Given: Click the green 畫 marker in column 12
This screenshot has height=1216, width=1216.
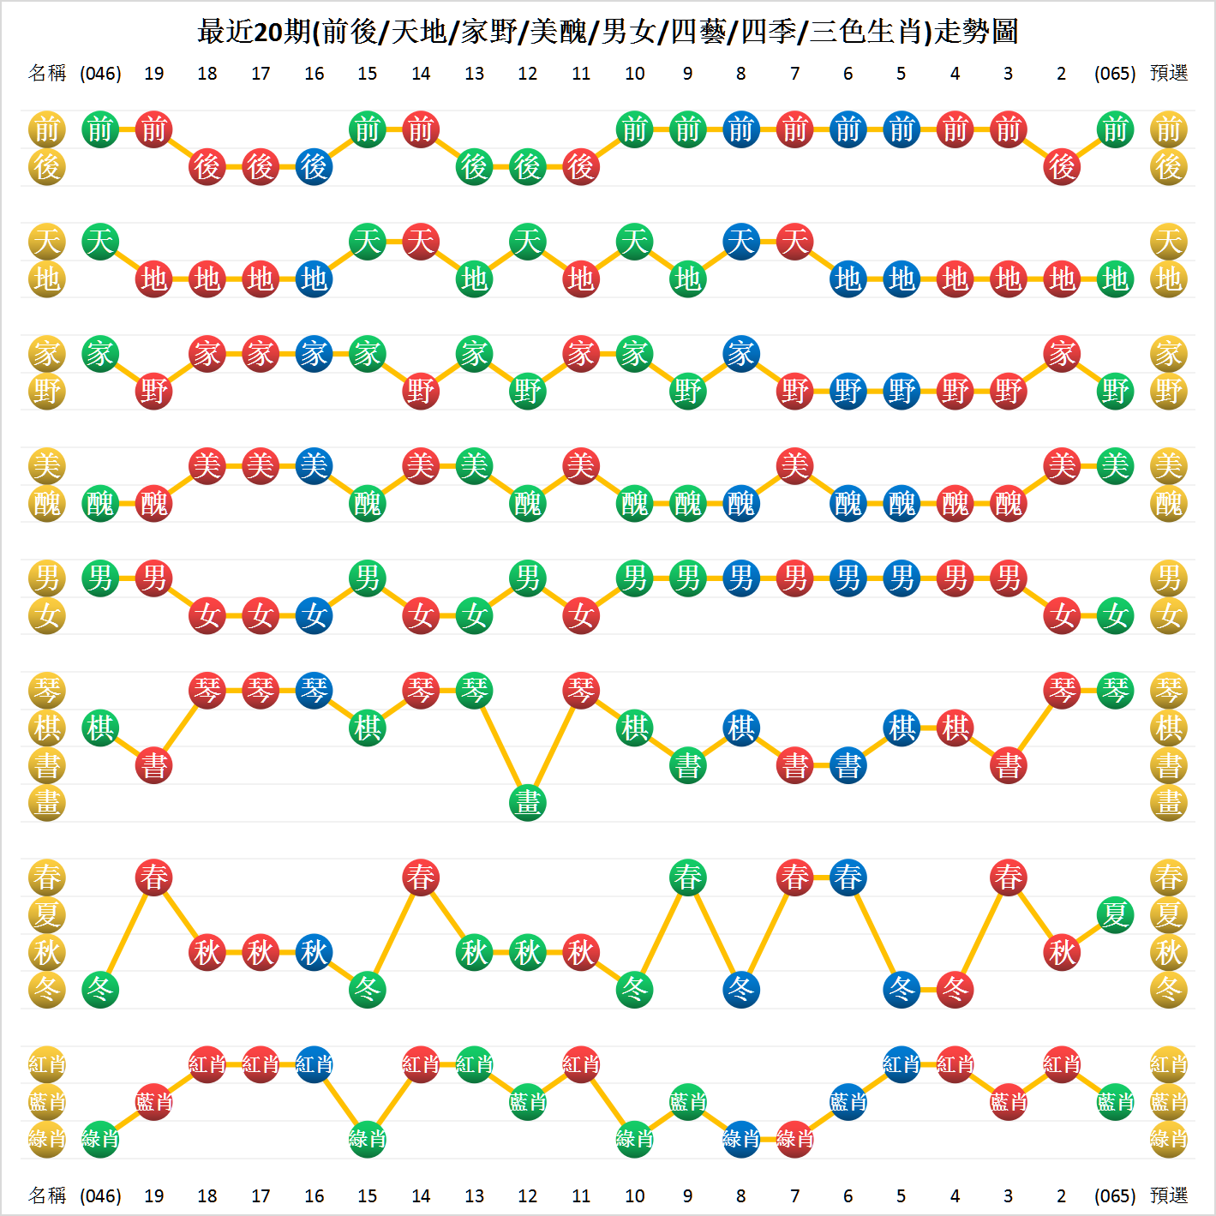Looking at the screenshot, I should click(x=528, y=803).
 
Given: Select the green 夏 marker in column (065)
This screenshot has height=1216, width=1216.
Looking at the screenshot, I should click(x=1115, y=914).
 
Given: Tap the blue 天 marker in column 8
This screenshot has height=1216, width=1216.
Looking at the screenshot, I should click(x=741, y=242).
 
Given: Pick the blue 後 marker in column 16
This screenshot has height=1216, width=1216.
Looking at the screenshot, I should click(x=314, y=166).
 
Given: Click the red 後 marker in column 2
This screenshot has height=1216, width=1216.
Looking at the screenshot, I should click(x=1062, y=166).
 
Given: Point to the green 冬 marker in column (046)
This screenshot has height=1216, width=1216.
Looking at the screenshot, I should click(x=100, y=990).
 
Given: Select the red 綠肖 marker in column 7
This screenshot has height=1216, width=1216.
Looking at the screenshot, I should click(x=794, y=1139).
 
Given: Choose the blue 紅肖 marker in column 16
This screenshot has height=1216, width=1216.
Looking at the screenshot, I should click(x=314, y=1064).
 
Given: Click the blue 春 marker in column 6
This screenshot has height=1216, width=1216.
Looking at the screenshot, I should click(x=848, y=878).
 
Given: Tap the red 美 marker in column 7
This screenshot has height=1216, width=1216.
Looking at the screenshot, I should click(x=794, y=466).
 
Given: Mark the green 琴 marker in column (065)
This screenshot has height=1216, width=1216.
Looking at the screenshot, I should click(x=1115, y=691).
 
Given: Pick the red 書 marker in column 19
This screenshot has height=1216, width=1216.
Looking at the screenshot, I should click(x=154, y=765).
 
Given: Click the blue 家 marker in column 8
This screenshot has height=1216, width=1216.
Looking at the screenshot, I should click(x=741, y=354).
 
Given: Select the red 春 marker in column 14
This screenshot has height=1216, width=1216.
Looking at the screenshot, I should click(x=421, y=878).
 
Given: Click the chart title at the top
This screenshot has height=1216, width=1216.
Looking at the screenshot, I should click(x=608, y=32).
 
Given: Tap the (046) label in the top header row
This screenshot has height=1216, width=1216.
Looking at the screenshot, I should click(x=100, y=74).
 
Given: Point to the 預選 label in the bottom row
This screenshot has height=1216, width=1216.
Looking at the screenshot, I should click(x=1169, y=1195).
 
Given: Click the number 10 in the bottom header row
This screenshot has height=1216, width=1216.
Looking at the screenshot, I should click(x=634, y=1195).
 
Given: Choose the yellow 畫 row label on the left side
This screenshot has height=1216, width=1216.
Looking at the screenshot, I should click(x=47, y=803).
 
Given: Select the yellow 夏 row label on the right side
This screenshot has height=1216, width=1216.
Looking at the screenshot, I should click(x=1169, y=914).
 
